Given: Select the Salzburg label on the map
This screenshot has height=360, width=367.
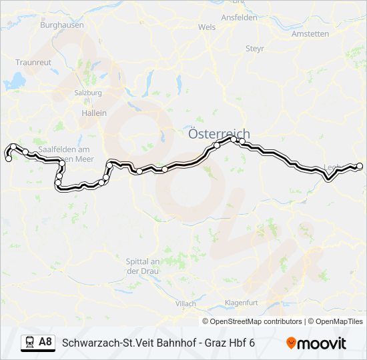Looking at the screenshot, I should (x=88, y=93).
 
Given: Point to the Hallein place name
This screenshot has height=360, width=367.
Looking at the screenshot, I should (x=94, y=113).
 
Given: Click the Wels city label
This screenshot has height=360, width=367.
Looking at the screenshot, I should (x=207, y=27).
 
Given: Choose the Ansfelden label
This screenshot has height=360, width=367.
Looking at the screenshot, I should (x=240, y=17).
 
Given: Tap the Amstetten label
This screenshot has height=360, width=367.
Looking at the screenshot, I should (x=311, y=33).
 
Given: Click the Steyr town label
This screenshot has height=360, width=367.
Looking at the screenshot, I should (x=255, y=49).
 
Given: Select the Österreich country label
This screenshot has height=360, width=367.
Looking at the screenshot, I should (x=219, y=134).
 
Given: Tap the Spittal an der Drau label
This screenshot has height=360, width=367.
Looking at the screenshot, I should (x=141, y=266).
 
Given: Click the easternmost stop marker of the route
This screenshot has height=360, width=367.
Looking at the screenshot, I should (x=360, y=166).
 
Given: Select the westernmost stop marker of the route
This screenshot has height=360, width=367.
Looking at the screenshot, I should (x=8, y=159).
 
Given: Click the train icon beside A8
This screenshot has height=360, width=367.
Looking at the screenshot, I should (x=29, y=342).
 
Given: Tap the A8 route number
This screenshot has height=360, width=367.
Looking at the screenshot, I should (x=45, y=342).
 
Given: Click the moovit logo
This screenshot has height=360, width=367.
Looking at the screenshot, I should (x=316, y=343).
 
